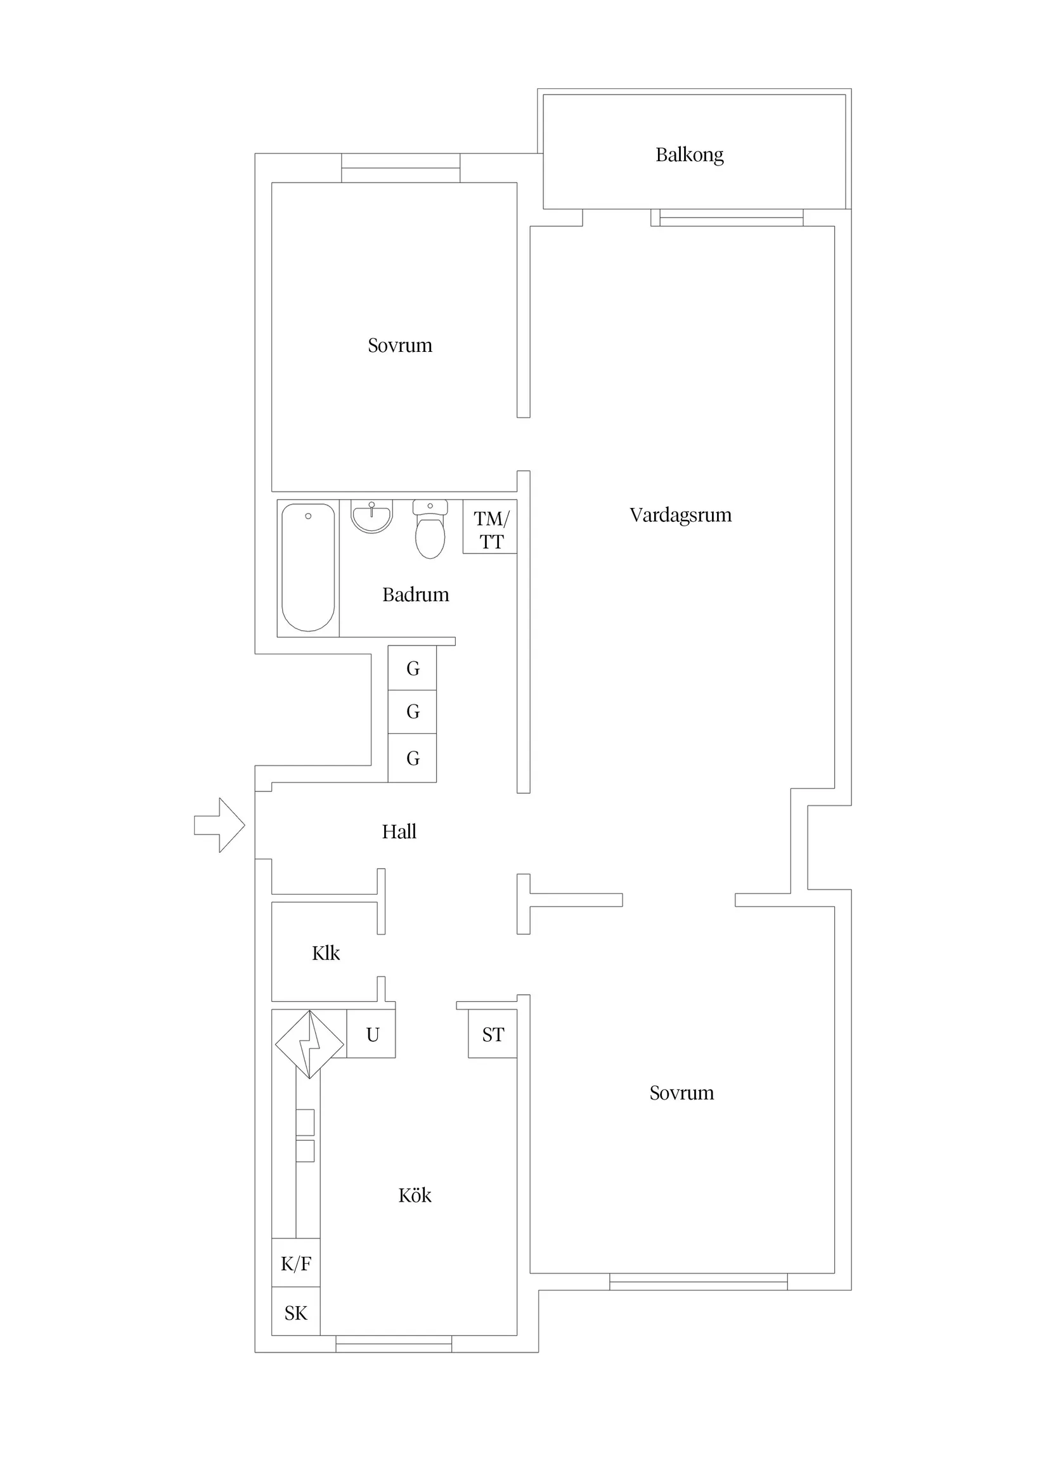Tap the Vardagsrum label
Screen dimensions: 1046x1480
point(681,515)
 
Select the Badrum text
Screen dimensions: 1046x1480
point(416,594)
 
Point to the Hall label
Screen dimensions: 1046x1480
point(399,831)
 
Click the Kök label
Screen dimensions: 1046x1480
point(415,1195)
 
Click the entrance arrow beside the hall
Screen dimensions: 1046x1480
point(219,825)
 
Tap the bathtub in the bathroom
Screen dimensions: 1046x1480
point(308,568)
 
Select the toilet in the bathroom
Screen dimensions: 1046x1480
point(430,529)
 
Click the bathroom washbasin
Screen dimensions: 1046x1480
point(372,517)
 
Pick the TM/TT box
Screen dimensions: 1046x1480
point(490,527)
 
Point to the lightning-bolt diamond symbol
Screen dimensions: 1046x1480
point(309,1044)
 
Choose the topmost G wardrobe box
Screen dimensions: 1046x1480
point(413,668)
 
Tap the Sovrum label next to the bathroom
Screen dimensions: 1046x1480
point(399,346)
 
